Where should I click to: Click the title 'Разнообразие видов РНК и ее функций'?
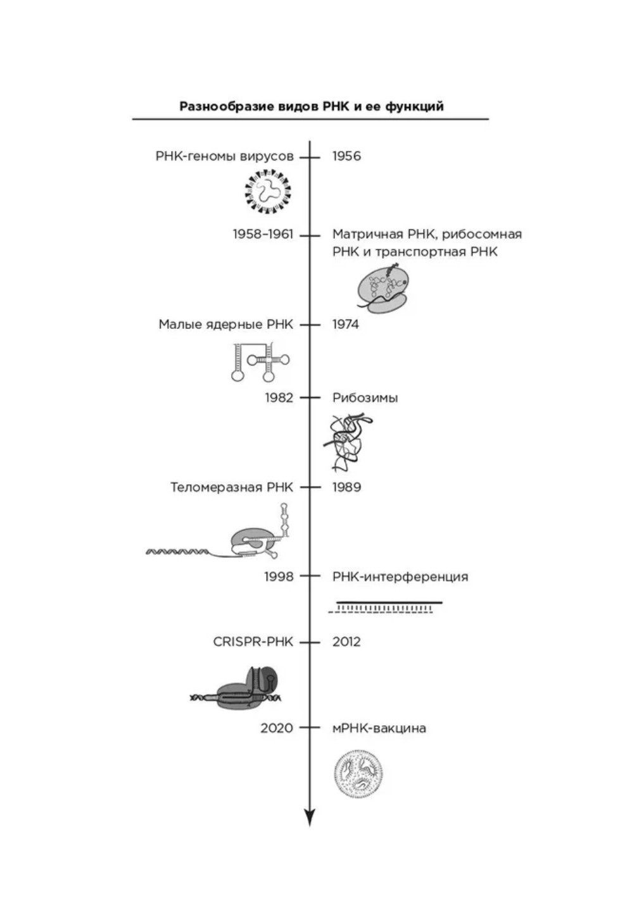pyautogui.click(x=311, y=106)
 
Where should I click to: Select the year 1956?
pyautogui.click(x=346, y=156)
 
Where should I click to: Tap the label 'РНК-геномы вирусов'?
pyautogui.click(x=225, y=156)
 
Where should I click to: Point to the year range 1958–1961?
pyautogui.click(x=263, y=234)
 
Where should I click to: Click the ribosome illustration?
pyautogui.click(x=382, y=289)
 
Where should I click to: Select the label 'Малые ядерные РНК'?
pyautogui.click(x=226, y=325)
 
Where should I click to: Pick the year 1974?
pyautogui.click(x=346, y=325)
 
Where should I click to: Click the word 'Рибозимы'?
pyautogui.click(x=365, y=398)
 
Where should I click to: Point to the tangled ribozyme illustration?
pyautogui.click(x=349, y=442)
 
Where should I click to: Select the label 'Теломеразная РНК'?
pyautogui.click(x=232, y=487)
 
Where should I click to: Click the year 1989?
pyautogui.click(x=346, y=487)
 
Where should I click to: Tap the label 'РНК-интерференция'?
pyautogui.click(x=400, y=577)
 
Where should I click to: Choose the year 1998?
pyautogui.click(x=279, y=577)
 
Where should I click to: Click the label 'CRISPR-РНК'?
pyautogui.click(x=253, y=642)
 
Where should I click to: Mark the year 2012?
pyautogui.click(x=346, y=642)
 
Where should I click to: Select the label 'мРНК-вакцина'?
pyautogui.click(x=379, y=728)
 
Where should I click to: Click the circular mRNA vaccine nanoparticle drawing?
pyautogui.click(x=358, y=773)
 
